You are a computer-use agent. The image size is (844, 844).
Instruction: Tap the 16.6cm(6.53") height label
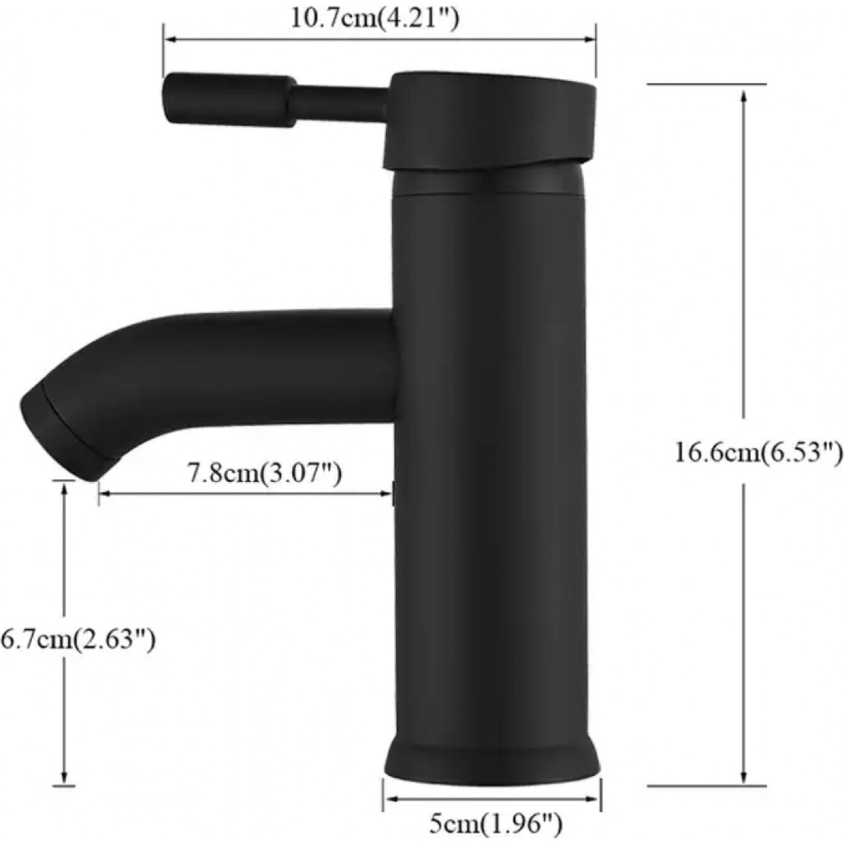(758, 452)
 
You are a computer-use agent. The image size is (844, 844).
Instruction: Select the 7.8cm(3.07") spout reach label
(264, 473)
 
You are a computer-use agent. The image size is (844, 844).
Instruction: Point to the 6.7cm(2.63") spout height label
(78, 639)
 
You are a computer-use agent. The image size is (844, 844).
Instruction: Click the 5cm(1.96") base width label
(496, 825)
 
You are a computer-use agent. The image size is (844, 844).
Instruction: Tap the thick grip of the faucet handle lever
(228, 100)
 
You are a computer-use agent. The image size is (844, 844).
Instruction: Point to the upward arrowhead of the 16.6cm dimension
(744, 96)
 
